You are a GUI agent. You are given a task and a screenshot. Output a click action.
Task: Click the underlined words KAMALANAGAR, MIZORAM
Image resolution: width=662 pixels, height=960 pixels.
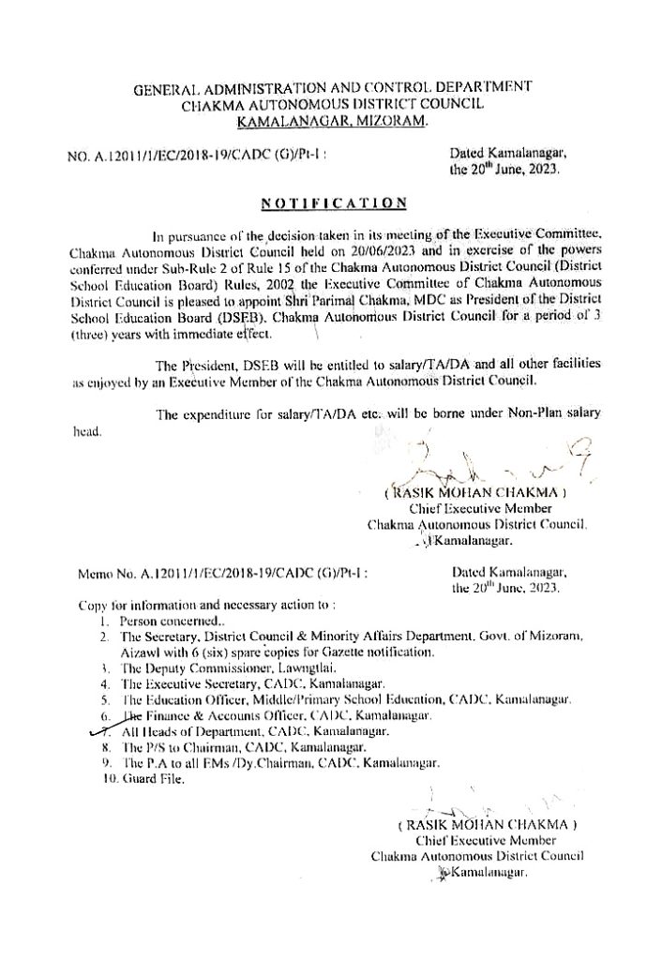point(332,122)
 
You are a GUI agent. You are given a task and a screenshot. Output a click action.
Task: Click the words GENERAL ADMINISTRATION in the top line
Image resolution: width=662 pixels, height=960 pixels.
point(228,87)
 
